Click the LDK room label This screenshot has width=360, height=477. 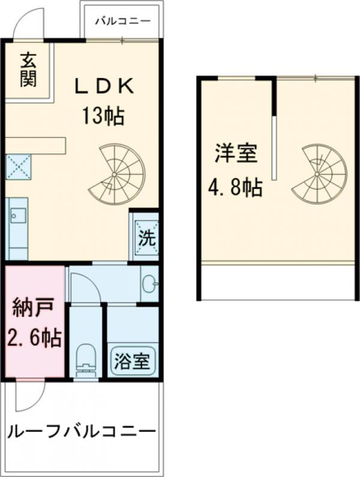(x=103, y=88)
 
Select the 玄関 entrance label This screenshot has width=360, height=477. (x=27, y=71)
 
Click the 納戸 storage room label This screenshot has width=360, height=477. (x=34, y=312)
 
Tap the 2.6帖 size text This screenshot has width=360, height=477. (x=34, y=339)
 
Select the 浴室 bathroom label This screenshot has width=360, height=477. (x=133, y=362)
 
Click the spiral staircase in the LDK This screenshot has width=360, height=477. (x=118, y=174)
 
